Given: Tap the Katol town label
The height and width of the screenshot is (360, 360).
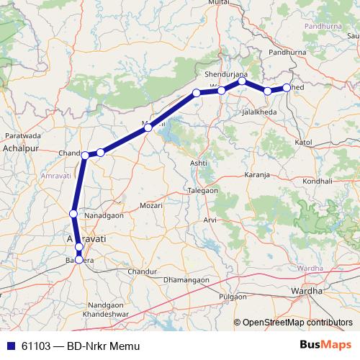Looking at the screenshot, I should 302,143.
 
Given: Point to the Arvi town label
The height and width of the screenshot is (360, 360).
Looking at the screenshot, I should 210,219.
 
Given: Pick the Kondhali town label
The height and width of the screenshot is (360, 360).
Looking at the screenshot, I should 318,181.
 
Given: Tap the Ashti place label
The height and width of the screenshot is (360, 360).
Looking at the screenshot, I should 199,163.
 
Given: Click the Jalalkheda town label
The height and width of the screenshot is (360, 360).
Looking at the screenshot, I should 259,113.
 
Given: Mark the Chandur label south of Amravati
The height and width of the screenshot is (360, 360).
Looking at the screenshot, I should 141,271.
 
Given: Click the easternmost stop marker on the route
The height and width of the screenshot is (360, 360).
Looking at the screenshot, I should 287,88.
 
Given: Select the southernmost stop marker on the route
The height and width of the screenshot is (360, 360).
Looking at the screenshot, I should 78,259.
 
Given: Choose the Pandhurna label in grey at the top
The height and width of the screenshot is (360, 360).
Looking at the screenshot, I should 323,26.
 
